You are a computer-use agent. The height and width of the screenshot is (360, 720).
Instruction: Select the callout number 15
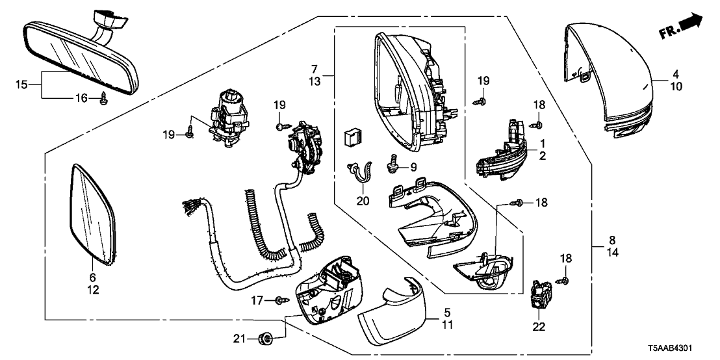(x=21, y=84)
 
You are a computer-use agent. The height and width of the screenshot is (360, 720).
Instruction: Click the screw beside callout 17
(x=281, y=300)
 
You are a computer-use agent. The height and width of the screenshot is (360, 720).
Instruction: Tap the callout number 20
(x=363, y=201)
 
